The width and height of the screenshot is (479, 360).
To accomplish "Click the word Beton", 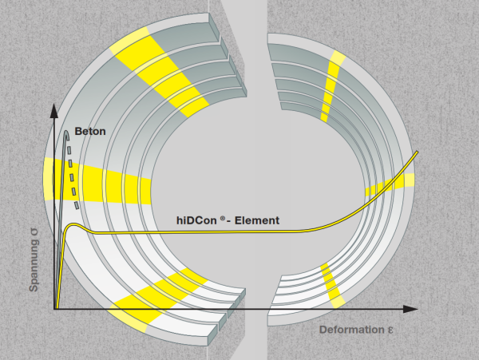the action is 90,131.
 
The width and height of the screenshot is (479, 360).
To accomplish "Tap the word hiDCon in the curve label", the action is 196,220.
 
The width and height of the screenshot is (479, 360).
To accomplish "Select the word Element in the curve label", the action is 256,220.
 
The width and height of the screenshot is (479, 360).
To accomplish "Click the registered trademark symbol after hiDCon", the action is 223,218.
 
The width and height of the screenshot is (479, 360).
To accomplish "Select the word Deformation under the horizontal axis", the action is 351,330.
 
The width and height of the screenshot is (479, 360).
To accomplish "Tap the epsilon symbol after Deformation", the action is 390,330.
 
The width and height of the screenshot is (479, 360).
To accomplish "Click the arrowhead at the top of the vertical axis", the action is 53,110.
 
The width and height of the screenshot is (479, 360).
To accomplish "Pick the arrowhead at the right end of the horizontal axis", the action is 410,309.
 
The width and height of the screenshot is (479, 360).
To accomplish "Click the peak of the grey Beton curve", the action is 66,131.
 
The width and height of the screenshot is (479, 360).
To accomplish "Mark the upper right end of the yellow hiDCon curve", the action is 417,152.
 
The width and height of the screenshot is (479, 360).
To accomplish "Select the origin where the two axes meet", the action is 54,309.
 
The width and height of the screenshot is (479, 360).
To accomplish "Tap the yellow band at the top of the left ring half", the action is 160,71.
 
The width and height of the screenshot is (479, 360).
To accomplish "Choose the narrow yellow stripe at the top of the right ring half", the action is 331,85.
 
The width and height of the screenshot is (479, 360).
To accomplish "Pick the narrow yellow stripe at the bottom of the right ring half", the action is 332,285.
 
